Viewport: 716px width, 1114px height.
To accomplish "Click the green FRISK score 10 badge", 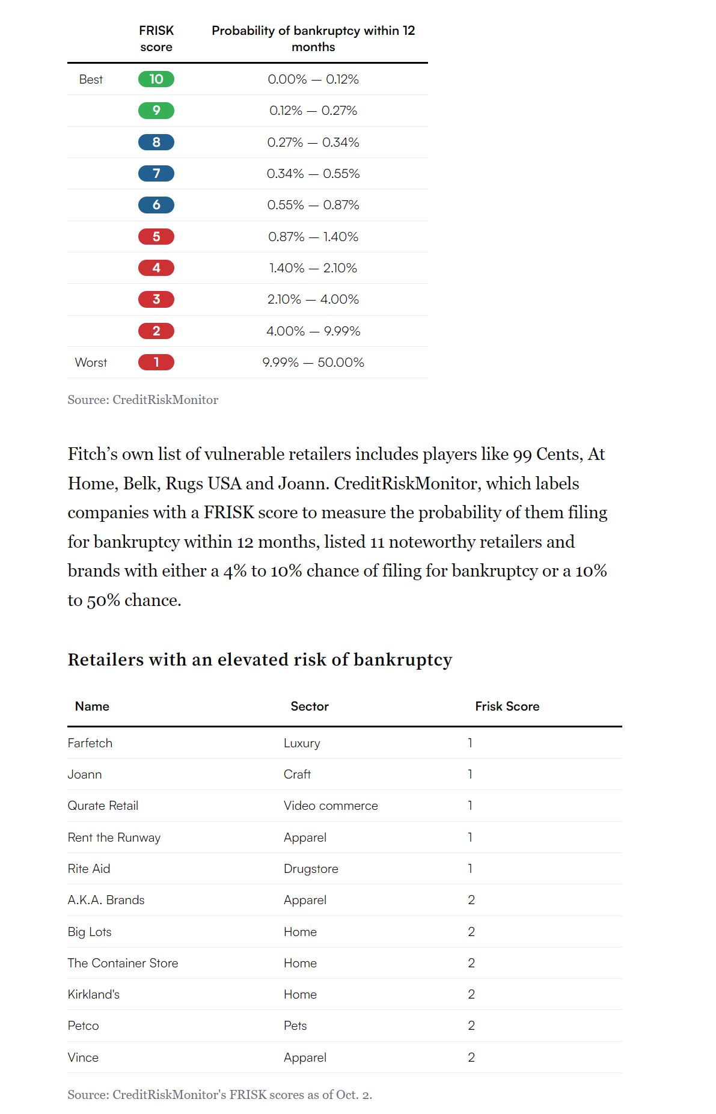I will [156, 79].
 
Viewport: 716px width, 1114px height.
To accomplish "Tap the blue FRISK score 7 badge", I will [156, 174].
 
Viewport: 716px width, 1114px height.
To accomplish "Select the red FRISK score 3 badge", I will [156, 299].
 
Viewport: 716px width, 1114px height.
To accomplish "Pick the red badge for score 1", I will [156, 363].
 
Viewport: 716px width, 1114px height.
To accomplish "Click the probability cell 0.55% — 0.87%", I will [313, 205].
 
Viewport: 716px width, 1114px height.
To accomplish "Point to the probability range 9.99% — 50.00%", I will [313, 363].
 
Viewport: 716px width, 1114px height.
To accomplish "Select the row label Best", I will [91, 79].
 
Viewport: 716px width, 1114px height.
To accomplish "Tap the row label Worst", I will [91, 363].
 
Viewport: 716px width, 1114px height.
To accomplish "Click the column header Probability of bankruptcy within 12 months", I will [313, 38].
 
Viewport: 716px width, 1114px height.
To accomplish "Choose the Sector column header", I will [310, 706].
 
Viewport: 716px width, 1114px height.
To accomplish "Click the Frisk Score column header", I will [507, 706].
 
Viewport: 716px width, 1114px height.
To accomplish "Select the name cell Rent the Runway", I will [114, 837].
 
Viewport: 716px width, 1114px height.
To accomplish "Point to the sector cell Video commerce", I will [331, 806].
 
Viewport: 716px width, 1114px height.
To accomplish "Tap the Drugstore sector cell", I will [311, 869].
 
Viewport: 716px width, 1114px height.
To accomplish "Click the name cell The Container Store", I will [123, 963].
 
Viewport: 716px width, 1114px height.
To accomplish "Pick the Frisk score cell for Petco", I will [471, 1026].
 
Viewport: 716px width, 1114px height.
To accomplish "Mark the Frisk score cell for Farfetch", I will [470, 743].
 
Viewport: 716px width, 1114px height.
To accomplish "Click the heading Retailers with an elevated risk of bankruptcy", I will [260, 660].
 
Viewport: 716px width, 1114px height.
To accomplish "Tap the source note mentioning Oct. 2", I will [219, 1095].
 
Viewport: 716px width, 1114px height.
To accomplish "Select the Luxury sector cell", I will [302, 743].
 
